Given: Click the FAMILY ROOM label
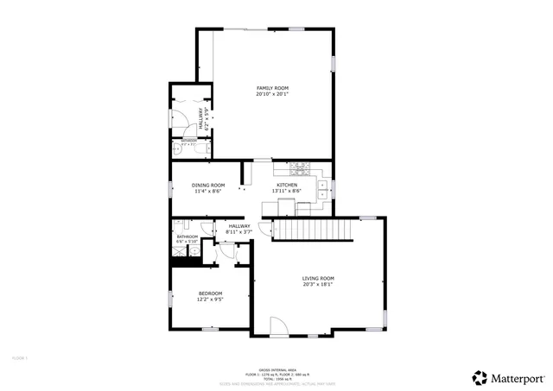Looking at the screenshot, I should (271, 88).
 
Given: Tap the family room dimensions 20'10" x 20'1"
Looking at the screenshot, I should (271, 94).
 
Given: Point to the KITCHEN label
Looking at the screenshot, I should (287, 186).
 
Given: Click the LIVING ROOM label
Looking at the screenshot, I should (317, 278).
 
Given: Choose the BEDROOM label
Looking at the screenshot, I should (211, 293).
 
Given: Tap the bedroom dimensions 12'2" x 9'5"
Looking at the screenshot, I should (211, 300).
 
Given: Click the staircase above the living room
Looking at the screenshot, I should (312, 230).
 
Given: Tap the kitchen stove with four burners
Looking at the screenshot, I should (302, 168).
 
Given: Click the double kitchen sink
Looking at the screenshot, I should (323, 189).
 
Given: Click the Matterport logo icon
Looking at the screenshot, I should (480, 377).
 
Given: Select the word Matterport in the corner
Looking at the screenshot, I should (518, 378).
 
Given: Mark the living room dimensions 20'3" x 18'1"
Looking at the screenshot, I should (317, 284).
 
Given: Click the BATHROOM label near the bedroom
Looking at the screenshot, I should (188, 236).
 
